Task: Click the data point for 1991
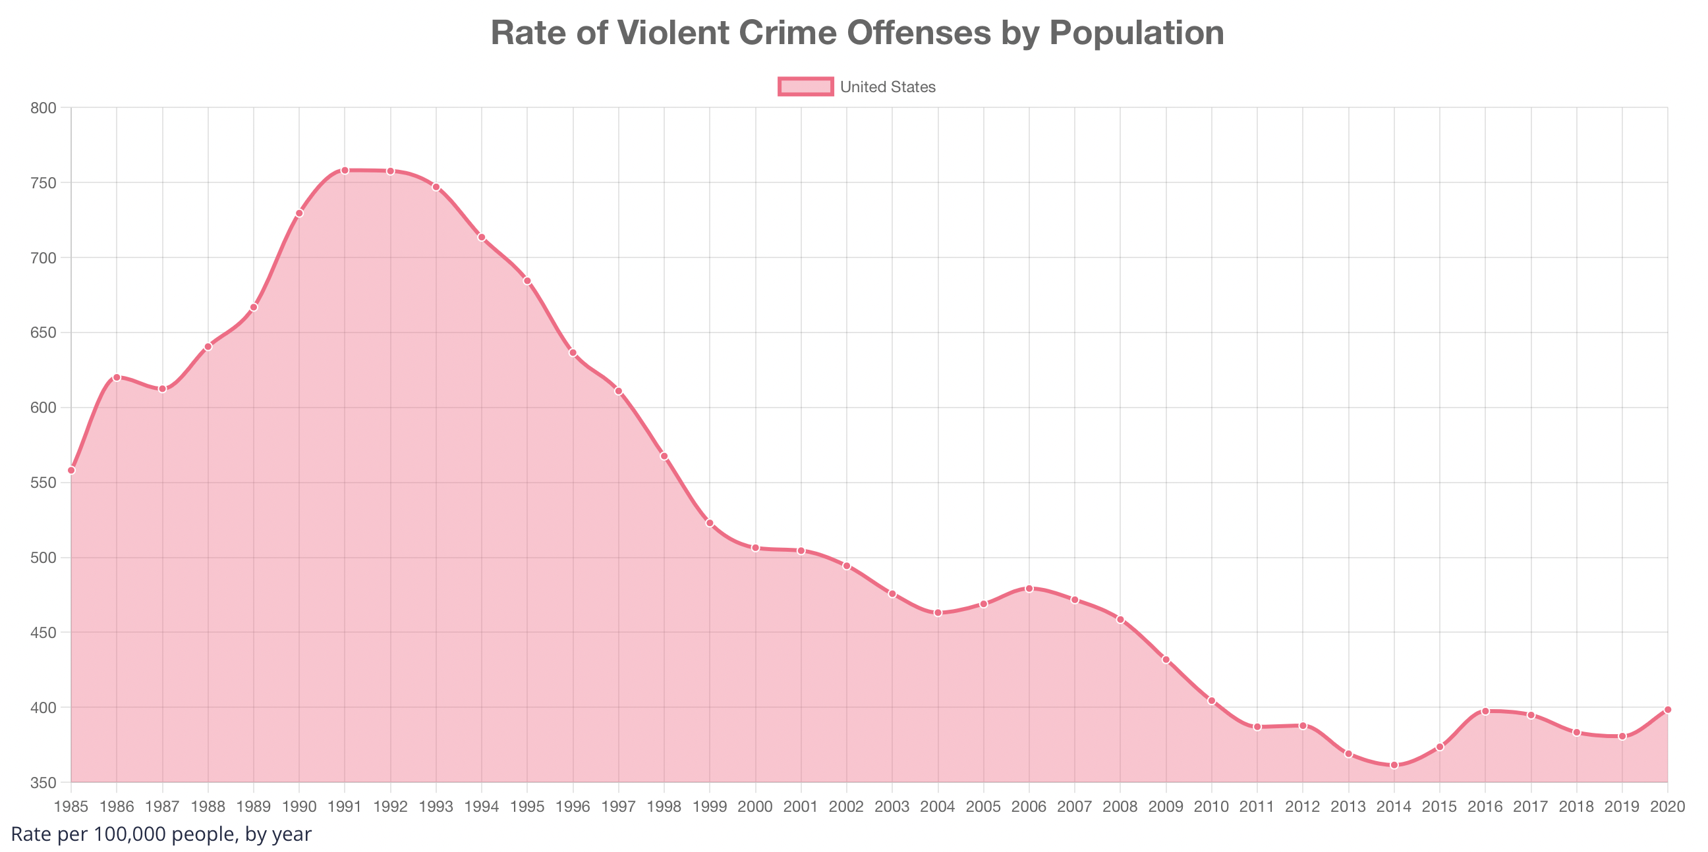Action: point(345,171)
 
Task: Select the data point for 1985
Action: point(72,470)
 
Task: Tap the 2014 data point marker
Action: point(1394,765)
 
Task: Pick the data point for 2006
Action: point(1029,589)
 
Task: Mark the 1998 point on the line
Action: point(664,456)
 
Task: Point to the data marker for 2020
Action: point(1667,710)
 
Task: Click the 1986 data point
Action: point(117,377)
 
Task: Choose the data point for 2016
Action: point(1485,711)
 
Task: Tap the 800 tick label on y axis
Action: point(43,107)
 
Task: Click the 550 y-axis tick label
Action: point(43,483)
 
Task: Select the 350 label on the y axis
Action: point(43,782)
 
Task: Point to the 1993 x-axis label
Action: point(436,807)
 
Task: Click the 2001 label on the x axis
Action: point(801,807)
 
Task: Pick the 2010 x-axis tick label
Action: point(1211,807)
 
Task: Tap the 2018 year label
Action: point(1576,807)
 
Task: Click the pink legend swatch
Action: point(805,87)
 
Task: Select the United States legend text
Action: point(887,87)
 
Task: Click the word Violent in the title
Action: point(673,32)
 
